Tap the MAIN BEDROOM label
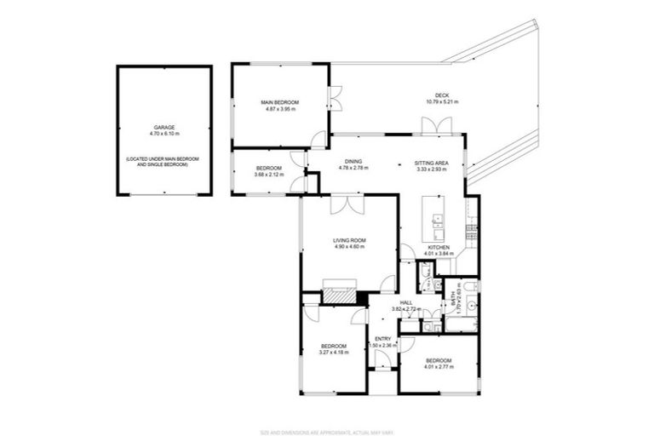pyautogui.click(x=280, y=102)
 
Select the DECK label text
pyautogui.click(x=441, y=95)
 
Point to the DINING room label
pyautogui.click(x=353, y=161)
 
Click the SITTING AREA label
pyautogui.click(x=432, y=161)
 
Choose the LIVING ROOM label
pyautogui.click(x=349, y=241)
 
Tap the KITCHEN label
pyautogui.click(x=450, y=247)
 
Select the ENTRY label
pyautogui.click(x=382, y=339)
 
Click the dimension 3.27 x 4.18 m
pyautogui.click(x=333, y=353)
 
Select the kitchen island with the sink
pyautogui.click(x=439, y=220)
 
